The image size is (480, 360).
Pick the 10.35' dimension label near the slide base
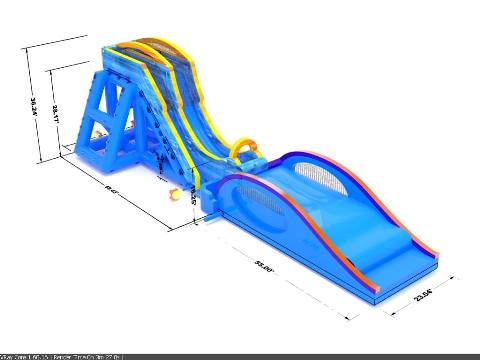coord(192,199)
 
